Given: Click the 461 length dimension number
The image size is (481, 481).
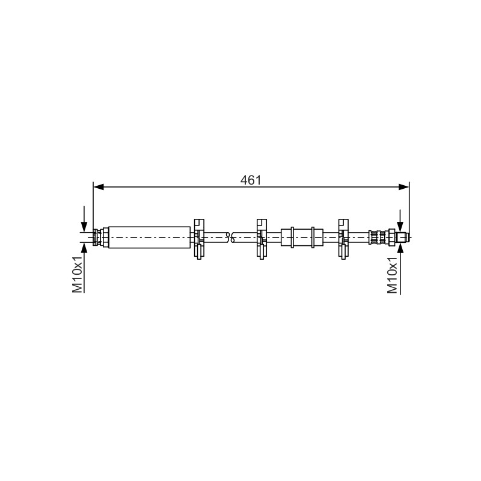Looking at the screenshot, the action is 251,180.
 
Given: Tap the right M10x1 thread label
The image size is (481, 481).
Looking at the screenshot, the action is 393,275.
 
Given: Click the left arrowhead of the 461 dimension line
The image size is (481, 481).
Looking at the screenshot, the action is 99,187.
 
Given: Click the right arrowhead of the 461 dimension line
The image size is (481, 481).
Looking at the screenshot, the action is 403,187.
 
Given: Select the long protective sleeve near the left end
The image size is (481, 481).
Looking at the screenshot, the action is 149,237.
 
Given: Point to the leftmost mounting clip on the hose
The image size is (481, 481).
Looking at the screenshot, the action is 199,239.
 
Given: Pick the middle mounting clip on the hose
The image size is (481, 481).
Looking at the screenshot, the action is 262,239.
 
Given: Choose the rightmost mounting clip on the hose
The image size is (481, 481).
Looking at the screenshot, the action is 343,239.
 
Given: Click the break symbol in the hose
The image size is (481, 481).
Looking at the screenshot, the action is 230,237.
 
